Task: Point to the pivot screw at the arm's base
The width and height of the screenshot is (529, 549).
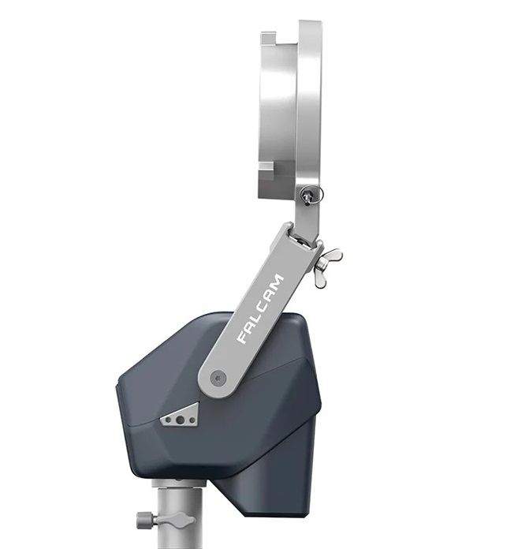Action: tap(218, 379)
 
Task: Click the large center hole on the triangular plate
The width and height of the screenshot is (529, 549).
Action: tap(181, 420)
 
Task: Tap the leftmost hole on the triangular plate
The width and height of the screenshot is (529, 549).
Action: tap(169, 420)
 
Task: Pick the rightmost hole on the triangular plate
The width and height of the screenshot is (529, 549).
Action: tap(192, 420)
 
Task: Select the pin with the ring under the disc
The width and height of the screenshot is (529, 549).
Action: tap(310, 195)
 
